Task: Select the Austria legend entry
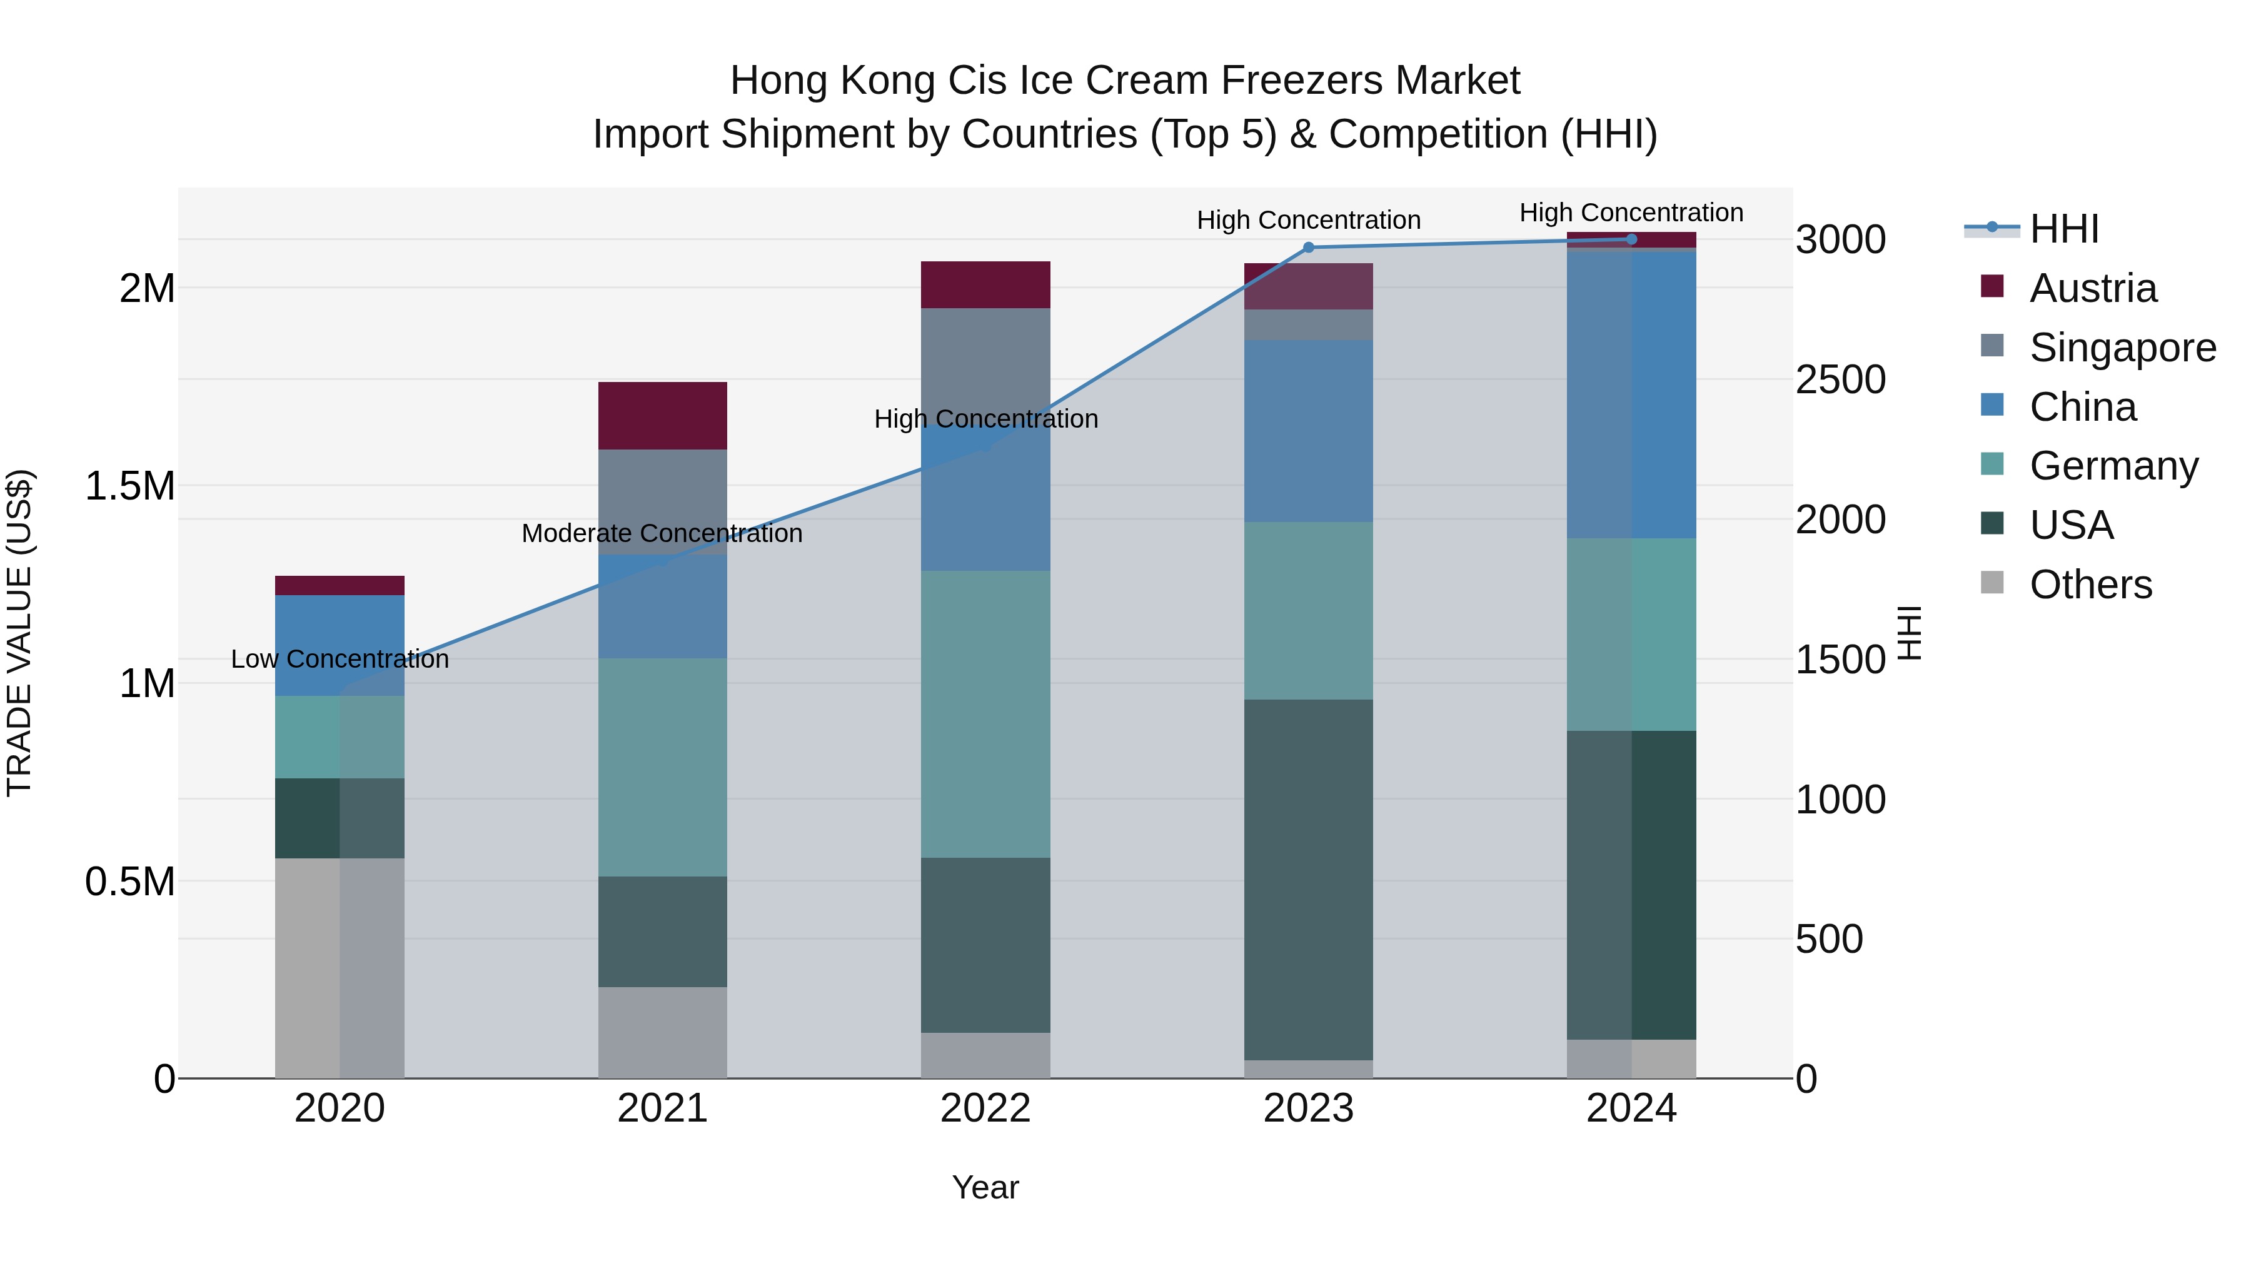click(2092, 288)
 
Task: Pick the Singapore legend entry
click(2122, 348)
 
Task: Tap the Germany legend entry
click(2113, 466)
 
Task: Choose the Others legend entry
click(2090, 585)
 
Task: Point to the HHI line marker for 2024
click(1631, 239)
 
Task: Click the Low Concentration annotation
click(340, 659)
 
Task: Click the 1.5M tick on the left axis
click(130, 486)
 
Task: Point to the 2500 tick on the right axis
click(1840, 380)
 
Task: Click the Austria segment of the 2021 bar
click(662, 416)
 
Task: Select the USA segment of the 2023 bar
click(1308, 879)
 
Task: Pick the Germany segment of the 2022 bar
click(985, 714)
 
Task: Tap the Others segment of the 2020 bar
click(340, 967)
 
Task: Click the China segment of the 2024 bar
click(1631, 393)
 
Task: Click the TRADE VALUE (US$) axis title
click(19, 633)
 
